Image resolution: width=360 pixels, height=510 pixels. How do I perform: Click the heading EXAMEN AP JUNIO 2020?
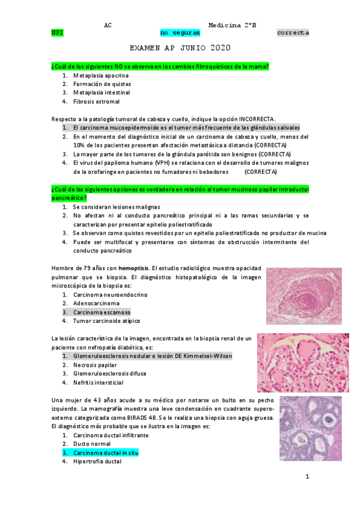180,48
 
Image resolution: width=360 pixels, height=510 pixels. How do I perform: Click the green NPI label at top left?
58,32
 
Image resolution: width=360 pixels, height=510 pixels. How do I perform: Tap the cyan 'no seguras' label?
180,32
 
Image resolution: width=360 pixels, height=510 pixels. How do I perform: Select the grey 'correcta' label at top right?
293,32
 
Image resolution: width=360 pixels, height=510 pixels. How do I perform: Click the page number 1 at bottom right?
307,477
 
